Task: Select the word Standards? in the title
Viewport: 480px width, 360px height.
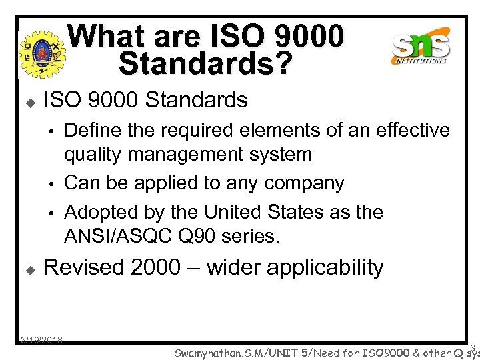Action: click(x=205, y=63)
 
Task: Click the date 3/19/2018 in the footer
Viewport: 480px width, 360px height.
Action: click(x=41, y=340)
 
